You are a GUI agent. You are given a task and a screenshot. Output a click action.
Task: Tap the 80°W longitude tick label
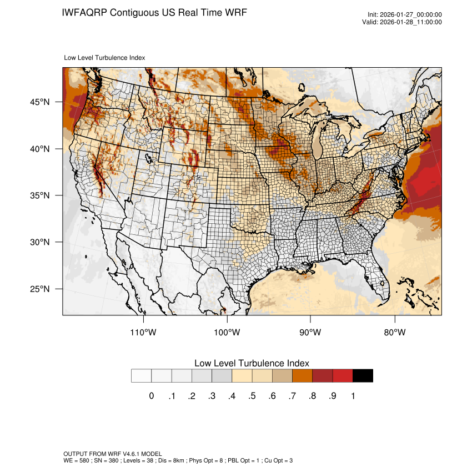(395, 333)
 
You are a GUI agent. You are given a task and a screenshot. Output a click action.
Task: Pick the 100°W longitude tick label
(227, 333)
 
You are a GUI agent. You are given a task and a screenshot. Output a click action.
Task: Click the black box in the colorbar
(363, 375)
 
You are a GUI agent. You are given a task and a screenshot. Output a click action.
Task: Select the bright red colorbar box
(343, 375)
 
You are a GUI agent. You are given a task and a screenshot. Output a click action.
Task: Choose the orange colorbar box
(303, 375)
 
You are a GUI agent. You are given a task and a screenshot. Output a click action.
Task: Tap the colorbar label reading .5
(252, 396)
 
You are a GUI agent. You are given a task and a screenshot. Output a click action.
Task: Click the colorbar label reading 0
(152, 396)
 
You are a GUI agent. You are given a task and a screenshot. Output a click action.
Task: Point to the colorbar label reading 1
(353, 396)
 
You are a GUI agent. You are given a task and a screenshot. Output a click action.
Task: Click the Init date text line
(405, 15)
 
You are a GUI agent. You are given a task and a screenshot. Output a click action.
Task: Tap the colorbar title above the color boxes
(252, 363)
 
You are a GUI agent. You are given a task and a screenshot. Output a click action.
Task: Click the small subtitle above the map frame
(104, 57)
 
